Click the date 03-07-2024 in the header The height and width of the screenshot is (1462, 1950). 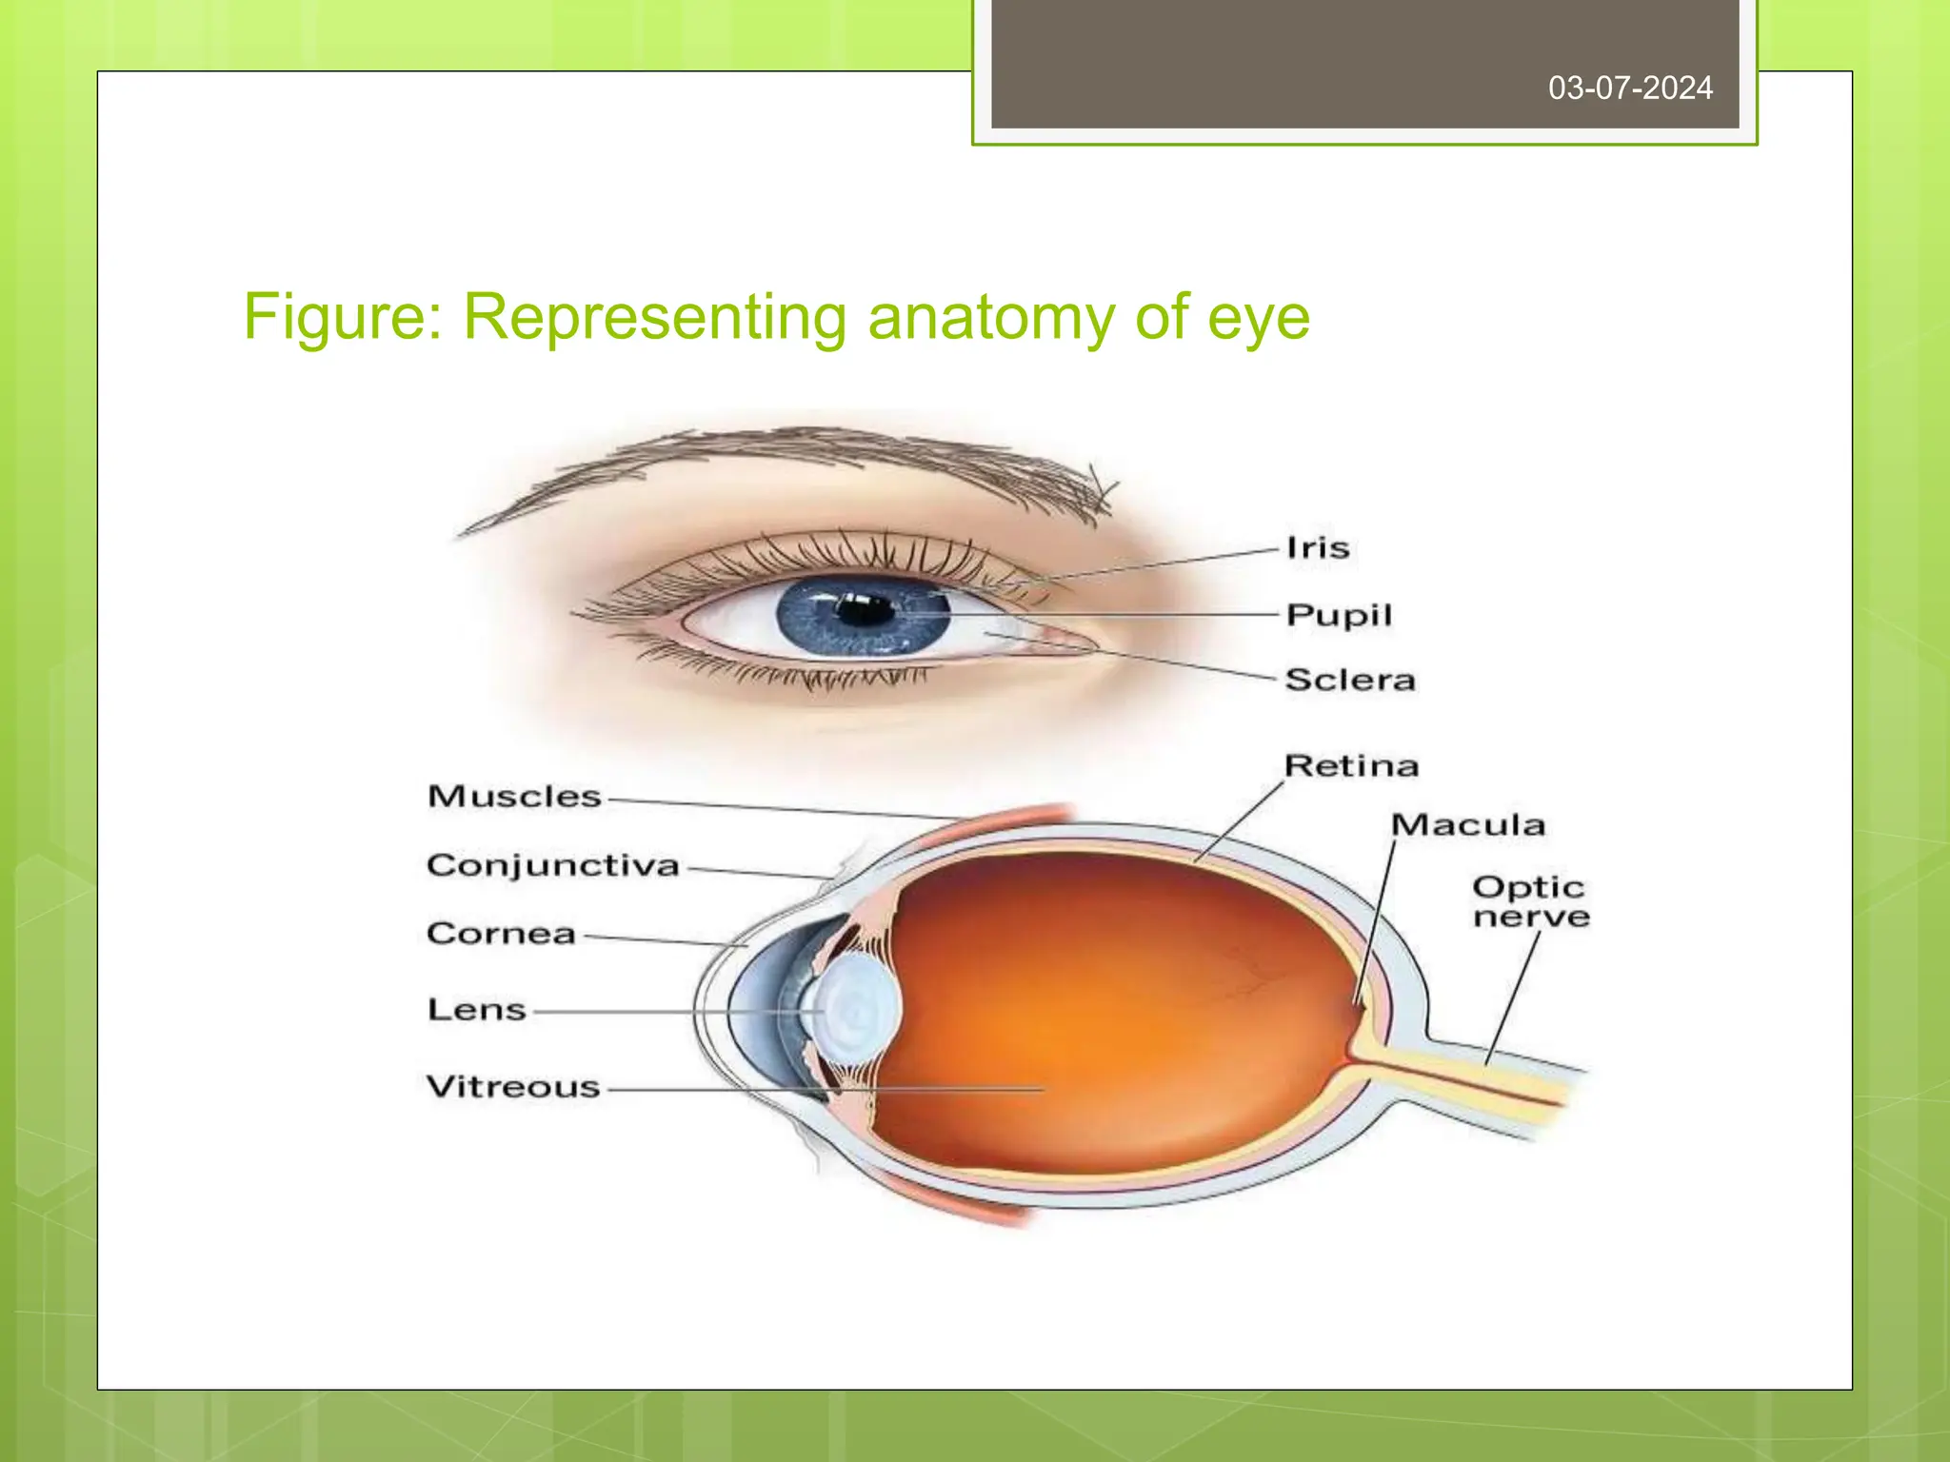tap(1630, 89)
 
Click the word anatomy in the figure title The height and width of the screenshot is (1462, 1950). tap(990, 318)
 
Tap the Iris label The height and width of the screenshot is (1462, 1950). tap(1318, 547)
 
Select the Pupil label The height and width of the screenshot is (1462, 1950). tap(1339, 615)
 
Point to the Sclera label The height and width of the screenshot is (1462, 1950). tap(1350, 680)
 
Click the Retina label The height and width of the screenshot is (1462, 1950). tap(1351, 766)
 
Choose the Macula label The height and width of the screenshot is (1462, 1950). tap(1467, 825)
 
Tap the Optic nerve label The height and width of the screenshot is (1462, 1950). tap(1530, 901)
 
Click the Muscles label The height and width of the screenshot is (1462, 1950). tap(514, 797)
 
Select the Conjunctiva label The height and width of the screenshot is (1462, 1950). tap(552, 865)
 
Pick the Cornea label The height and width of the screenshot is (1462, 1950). tap(501, 934)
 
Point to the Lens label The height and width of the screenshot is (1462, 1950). tap(476, 1010)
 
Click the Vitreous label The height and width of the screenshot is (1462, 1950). tap(513, 1087)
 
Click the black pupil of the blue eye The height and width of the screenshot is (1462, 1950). tap(864, 609)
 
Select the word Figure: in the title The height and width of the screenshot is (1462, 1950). tap(343, 318)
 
